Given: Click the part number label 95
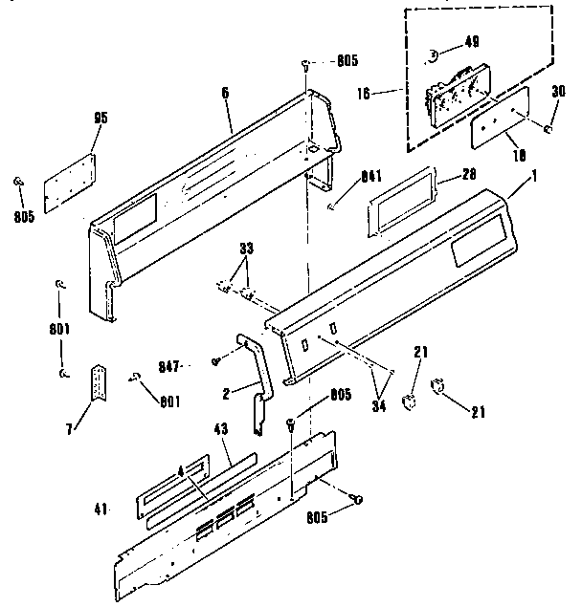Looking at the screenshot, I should pos(101,118).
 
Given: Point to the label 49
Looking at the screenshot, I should pos(472,41).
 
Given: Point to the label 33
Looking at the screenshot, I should pos(247,249).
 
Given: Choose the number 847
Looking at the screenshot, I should pos(194,364).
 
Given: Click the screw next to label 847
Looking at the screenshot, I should pos(218,361).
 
